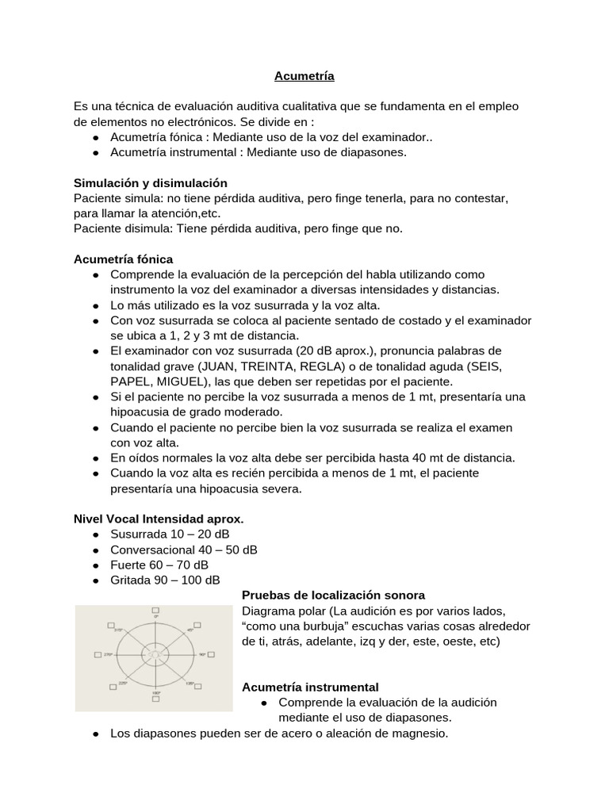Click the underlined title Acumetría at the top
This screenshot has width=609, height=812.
pyautogui.click(x=304, y=76)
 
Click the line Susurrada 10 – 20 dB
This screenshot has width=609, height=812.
pyautogui.click(x=159, y=534)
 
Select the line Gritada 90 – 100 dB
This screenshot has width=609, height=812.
pyautogui.click(x=165, y=580)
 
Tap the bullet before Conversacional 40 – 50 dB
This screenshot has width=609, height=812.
pyautogui.click(x=95, y=550)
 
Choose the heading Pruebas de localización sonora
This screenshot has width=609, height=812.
pyautogui.click(x=332, y=595)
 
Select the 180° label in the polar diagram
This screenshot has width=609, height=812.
pyautogui.click(x=156, y=692)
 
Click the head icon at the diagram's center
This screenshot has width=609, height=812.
pyautogui.click(x=155, y=654)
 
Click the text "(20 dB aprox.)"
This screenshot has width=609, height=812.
pyautogui.click(x=333, y=350)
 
